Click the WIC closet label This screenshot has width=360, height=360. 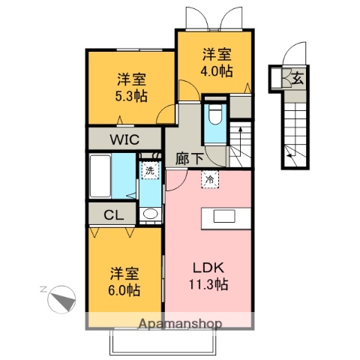click(125, 138)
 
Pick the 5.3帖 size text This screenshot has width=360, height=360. click(130, 95)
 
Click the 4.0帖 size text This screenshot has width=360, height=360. click(216, 70)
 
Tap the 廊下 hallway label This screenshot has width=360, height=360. click(189, 158)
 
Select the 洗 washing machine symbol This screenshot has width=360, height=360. click(150, 170)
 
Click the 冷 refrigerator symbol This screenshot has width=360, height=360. click(208, 179)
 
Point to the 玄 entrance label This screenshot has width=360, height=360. click(297, 77)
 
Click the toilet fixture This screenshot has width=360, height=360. click(214, 114)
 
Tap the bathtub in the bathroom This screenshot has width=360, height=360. click(100, 175)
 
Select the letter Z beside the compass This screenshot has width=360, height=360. click(43, 289)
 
